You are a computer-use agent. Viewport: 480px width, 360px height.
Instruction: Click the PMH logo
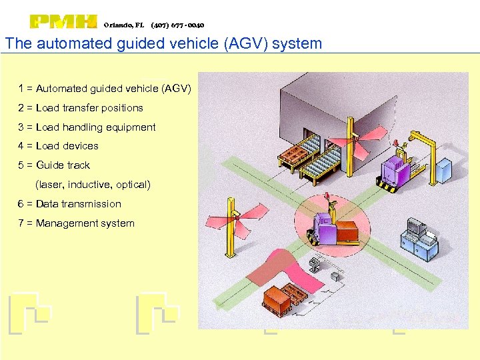pyautogui.click(x=63, y=22)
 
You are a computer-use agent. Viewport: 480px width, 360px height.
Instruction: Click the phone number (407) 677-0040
pyautogui.click(x=178, y=25)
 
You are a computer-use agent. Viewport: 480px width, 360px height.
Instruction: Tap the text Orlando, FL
pyautogui.click(x=124, y=25)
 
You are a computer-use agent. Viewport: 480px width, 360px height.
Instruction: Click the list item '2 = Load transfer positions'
pyautogui.click(x=81, y=107)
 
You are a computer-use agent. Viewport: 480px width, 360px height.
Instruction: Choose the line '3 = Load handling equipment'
pyautogui.click(x=87, y=127)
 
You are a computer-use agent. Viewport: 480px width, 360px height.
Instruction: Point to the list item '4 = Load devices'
pyautogui.click(x=59, y=145)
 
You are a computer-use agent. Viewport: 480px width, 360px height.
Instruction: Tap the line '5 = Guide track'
pyautogui.click(x=54, y=165)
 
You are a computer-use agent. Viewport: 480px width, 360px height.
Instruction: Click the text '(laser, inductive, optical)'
pyautogui.click(x=93, y=184)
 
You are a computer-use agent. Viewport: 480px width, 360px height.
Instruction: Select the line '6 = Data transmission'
pyautogui.click(x=70, y=203)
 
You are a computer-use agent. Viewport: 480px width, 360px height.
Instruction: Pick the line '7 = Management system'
pyautogui.click(x=77, y=223)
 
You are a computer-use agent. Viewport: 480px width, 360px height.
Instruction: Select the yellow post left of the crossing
pyautogui.click(x=231, y=227)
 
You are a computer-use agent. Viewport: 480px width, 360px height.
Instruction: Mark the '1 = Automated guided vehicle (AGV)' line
pyautogui.click(x=105, y=88)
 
